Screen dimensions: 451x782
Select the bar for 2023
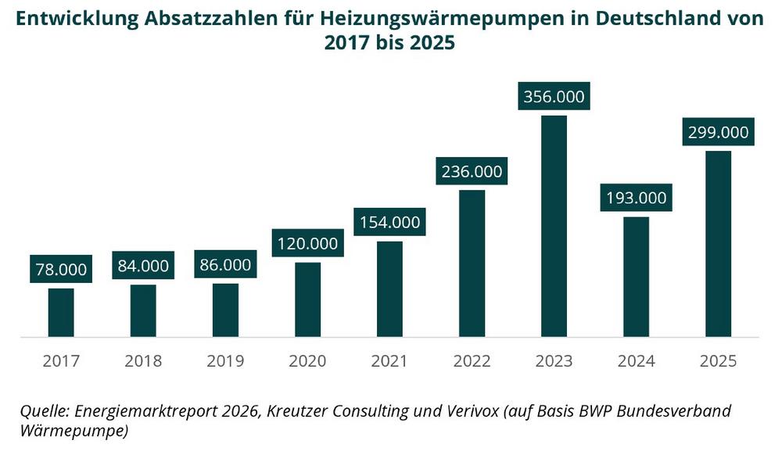point(554,227)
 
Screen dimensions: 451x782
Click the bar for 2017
point(61,313)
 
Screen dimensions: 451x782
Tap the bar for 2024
point(636,277)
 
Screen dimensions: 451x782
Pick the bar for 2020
point(307,299)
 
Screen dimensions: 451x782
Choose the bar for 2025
point(718,244)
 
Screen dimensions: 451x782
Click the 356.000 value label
point(554,98)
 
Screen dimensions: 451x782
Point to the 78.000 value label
point(61,270)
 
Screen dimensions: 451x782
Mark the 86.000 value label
point(225,265)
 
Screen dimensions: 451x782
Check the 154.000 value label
point(389,222)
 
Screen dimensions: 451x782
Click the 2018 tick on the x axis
point(143,361)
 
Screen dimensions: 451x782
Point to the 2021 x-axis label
point(389,361)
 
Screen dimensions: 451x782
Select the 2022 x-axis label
point(472,361)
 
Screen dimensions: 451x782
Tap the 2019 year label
point(225,361)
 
